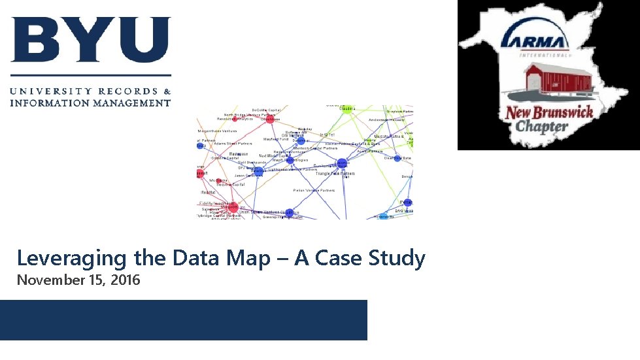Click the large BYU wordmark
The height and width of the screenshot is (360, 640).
[90, 41]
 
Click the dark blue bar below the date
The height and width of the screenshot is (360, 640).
[184, 319]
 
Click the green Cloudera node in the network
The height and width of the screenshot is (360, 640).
[347, 108]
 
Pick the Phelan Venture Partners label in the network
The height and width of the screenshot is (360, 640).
[314, 190]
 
